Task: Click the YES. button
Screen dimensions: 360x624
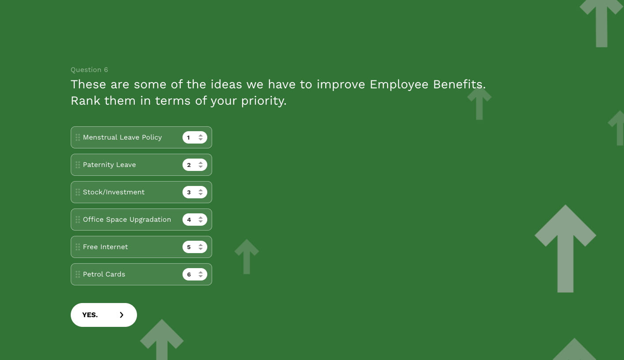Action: pos(103,315)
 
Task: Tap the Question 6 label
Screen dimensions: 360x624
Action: pos(89,70)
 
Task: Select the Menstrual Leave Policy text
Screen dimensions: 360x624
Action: pos(122,137)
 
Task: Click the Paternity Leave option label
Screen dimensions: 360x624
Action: pos(109,165)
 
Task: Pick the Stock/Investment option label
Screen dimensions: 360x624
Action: pos(114,192)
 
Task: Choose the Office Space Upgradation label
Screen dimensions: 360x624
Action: pos(127,220)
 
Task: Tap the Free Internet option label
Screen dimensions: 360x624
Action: pos(105,247)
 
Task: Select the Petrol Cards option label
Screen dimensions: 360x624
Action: pos(104,274)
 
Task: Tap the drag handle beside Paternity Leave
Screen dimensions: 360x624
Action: pos(78,165)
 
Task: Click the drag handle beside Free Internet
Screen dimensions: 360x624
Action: pos(78,247)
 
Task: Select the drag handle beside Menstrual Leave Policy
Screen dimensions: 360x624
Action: pos(78,137)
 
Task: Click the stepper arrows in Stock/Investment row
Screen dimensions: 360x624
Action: pos(201,192)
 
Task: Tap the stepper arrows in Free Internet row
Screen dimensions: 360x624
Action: pos(201,247)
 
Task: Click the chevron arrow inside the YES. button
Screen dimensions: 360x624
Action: pos(122,315)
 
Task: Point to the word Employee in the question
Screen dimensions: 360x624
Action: pos(399,84)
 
